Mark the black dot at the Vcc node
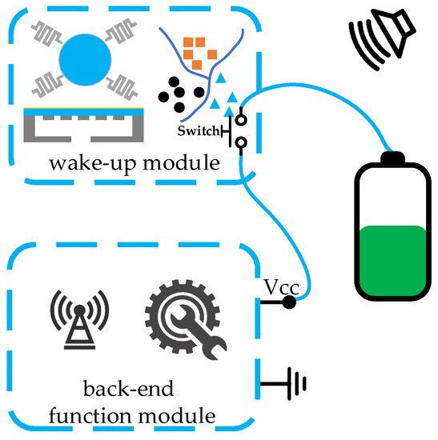click(x=288, y=302)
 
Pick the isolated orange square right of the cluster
click(x=212, y=54)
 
